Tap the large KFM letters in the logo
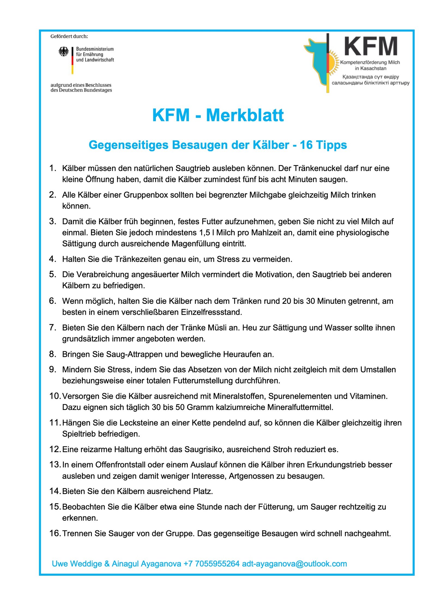click(x=370, y=47)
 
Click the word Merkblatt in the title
click(x=245, y=115)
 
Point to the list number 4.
click(x=52, y=259)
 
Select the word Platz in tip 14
click(x=203, y=491)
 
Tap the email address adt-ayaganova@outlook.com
click(x=294, y=564)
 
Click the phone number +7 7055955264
click(x=211, y=564)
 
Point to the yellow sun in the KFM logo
click(x=332, y=63)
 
